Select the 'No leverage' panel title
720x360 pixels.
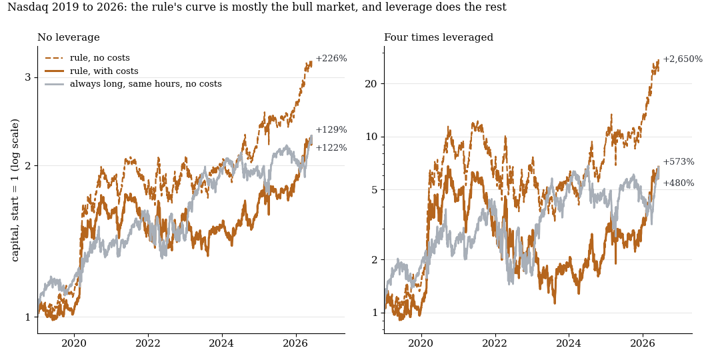[x=69, y=37]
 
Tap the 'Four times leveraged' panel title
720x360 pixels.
[x=439, y=37]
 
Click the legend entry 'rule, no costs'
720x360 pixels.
[x=99, y=58]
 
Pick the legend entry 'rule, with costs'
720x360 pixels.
[x=104, y=71]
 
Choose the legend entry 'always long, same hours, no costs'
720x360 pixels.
[x=145, y=84]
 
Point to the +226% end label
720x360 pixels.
[x=331, y=59]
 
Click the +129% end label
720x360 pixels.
[x=331, y=130]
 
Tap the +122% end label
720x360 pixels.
[x=331, y=148]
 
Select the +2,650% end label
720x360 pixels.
[x=683, y=59]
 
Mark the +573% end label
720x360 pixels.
[x=678, y=162]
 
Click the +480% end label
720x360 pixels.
[x=678, y=183]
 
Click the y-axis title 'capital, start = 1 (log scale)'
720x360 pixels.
[x=15, y=191]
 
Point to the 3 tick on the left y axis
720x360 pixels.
[x=28, y=77]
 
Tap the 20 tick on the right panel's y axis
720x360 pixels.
[x=372, y=83]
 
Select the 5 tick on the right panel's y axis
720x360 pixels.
[x=375, y=190]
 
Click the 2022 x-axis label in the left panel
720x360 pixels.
[x=148, y=343]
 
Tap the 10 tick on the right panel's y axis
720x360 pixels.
[x=372, y=137]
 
